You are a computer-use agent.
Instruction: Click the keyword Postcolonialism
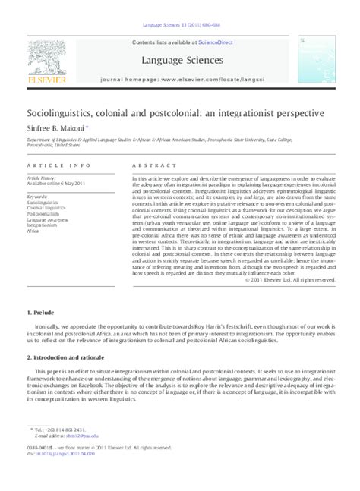point(43,215)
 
